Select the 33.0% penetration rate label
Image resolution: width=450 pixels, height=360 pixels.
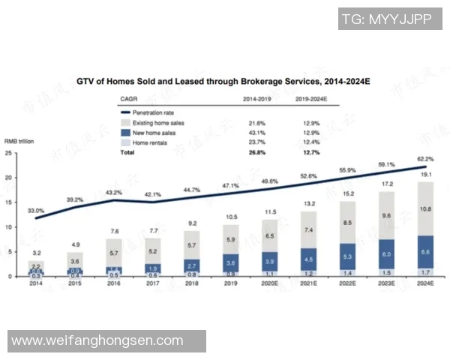tap(35, 211)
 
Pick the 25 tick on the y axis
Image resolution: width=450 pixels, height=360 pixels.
tap(8, 153)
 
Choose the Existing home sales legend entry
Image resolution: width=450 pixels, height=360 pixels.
tap(157, 122)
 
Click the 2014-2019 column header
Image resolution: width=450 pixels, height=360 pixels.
tap(256, 99)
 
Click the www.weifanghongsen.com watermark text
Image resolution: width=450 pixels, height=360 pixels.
tap(97, 340)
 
